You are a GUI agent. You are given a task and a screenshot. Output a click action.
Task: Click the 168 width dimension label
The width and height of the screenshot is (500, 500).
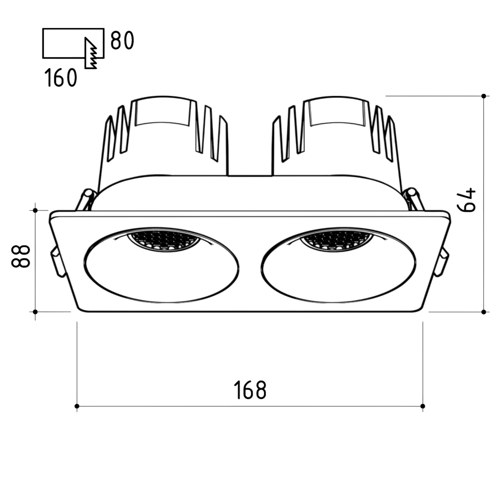[250, 390]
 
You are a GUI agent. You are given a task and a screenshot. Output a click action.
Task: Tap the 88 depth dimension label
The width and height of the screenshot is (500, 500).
[21, 256]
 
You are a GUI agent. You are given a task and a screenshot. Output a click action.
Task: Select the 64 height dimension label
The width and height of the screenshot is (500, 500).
[466, 200]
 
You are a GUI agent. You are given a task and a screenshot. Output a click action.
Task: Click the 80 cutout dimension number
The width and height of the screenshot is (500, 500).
[122, 40]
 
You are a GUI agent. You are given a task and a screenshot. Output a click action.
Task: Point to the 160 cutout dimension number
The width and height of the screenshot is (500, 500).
[61, 77]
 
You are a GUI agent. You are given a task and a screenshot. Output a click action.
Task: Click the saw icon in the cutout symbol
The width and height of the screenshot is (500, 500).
[91, 53]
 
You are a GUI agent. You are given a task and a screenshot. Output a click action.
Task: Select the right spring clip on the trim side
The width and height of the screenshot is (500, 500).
[442, 262]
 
